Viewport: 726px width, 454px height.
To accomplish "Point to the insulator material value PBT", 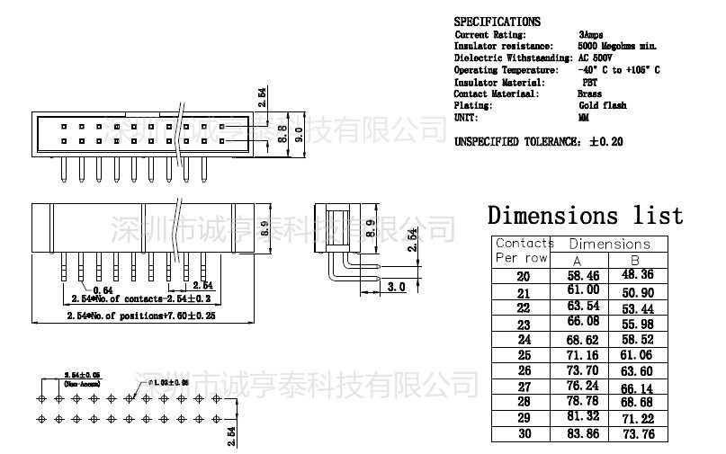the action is (x=589, y=82).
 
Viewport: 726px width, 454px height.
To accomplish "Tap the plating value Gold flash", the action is (x=602, y=105).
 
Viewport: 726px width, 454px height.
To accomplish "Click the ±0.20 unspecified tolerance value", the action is (x=605, y=141).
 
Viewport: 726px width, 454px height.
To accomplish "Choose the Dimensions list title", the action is (x=585, y=216).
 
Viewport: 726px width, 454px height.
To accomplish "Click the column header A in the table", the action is (x=578, y=260).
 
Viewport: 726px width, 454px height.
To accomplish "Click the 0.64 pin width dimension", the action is (x=103, y=289).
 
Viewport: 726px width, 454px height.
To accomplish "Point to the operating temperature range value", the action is (x=619, y=69).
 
